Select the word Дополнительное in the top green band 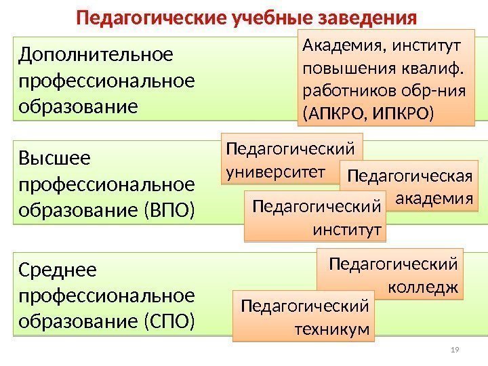click(x=97, y=54)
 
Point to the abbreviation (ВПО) click(x=169, y=209)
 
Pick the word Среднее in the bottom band click(x=59, y=270)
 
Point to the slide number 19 click(x=455, y=350)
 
